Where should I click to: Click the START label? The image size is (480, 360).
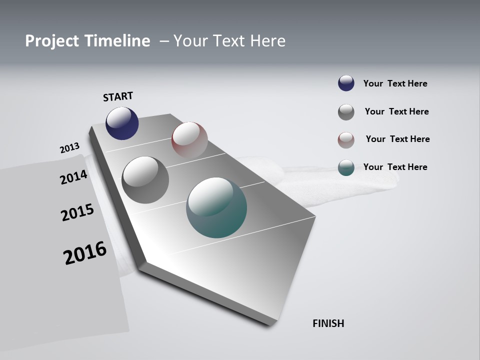tap(118, 96)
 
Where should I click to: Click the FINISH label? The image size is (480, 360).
tap(328, 323)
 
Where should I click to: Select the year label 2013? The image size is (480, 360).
tap(69, 148)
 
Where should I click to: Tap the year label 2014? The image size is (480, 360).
tap(73, 177)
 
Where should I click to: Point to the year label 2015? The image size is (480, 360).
tap(77, 212)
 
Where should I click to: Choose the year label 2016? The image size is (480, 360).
tap(85, 253)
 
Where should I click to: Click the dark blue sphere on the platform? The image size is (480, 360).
tap(122, 123)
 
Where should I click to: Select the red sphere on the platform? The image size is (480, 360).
tap(189, 139)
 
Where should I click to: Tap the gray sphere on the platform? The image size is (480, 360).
tap(145, 179)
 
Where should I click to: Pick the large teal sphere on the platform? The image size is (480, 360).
tap(216, 207)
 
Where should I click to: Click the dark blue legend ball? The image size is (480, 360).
tap(346, 83)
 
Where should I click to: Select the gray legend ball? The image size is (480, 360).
tap(346, 112)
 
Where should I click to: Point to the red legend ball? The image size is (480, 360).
tap(346, 140)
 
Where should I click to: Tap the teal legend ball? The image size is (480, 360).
tap(346, 167)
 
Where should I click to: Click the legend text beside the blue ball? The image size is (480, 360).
tap(395, 83)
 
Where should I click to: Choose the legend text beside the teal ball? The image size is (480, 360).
tap(395, 167)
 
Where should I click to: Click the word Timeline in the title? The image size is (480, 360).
tap(117, 41)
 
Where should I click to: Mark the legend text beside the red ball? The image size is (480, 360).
tap(397, 139)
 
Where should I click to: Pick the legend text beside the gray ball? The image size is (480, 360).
tap(396, 111)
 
